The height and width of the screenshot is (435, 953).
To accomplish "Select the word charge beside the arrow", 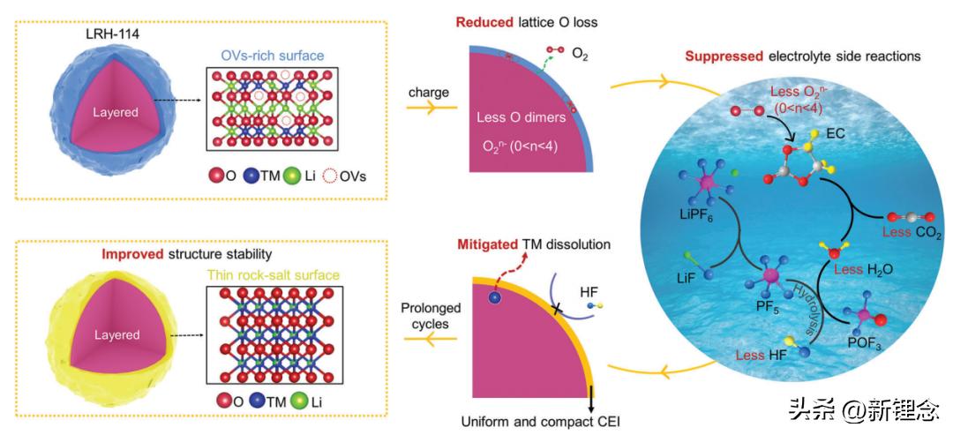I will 430,92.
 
